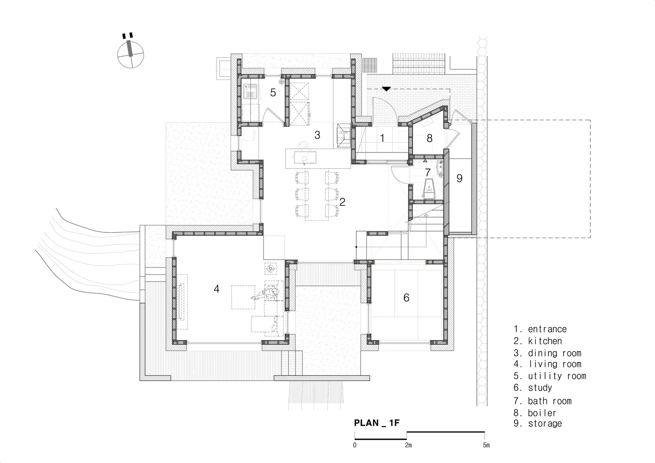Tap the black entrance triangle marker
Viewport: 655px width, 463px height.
click(x=386, y=89)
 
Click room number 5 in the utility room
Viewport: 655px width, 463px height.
click(x=273, y=93)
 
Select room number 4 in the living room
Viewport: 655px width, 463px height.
click(x=217, y=289)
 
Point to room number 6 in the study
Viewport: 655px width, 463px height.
click(x=406, y=297)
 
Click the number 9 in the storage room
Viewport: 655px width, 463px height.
click(x=459, y=178)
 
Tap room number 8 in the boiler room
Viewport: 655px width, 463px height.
click(x=430, y=138)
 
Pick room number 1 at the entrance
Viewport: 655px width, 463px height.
click(x=383, y=138)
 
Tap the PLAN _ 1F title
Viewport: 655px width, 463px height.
click(x=377, y=423)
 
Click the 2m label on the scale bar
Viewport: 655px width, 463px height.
click(x=408, y=445)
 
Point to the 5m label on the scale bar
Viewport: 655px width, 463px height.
click(x=486, y=445)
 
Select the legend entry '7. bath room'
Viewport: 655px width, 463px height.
click(x=542, y=401)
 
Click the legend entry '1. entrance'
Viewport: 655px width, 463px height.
click(x=540, y=329)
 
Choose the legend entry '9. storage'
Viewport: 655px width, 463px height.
click(x=538, y=423)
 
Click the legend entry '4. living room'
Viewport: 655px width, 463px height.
click(x=548, y=364)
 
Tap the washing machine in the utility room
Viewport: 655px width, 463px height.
click(x=250, y=93)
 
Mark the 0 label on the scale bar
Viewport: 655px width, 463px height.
click(x=355, y=445)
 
